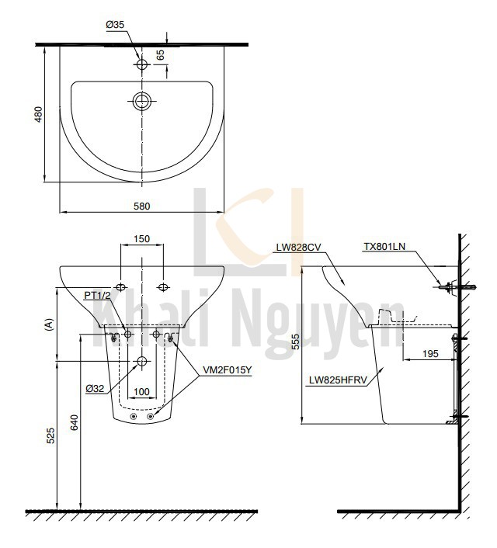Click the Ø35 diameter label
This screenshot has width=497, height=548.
(115, 25)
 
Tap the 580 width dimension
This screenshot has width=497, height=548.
(141, 206)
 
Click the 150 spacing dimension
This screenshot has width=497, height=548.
(141, 240)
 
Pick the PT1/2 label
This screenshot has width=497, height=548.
(98, 296)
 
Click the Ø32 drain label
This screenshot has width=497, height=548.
(96, 387)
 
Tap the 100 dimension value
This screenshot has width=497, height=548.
(141, 391)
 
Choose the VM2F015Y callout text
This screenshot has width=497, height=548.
(227, 370)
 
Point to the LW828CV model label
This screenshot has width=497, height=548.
(298, 248)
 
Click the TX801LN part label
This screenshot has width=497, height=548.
(384, 248)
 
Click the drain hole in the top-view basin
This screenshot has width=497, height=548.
(141, 100)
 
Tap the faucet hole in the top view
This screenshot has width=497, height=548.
(141, 65)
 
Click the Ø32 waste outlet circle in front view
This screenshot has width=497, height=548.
(141, 362)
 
